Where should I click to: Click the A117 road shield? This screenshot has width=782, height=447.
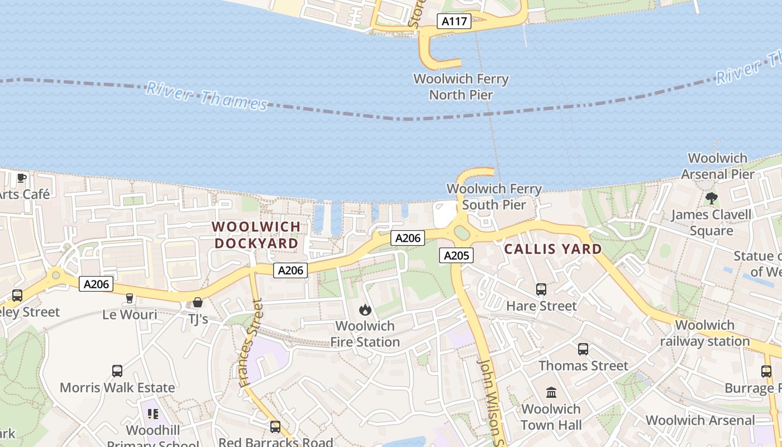(x=454, y=22)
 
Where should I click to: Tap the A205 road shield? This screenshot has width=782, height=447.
(x=456, y=256)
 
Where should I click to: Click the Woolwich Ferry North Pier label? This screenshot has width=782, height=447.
(x=461, y=87)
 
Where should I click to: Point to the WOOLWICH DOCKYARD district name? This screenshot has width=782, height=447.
(x=256, y=235)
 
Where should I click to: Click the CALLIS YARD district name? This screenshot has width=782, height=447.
(x=553, y=249)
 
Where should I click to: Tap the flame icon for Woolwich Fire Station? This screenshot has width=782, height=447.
(x=365, y=310)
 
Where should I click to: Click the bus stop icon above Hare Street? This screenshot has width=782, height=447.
(x=541, y=289)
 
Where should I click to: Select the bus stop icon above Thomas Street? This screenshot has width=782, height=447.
(x=583, y=349)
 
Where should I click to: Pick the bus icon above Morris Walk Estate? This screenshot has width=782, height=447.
(x=117, y=370)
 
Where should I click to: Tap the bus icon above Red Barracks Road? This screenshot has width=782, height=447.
(x=275, y=426)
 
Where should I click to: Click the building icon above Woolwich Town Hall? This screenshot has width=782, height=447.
(x=551, y=392)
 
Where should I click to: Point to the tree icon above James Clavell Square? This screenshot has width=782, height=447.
(x=711, y=198)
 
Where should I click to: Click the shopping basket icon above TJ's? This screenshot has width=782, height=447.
(x=197, y=302)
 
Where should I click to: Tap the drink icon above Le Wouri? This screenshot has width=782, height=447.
(x=130, y=298)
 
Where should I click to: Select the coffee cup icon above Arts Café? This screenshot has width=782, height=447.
(x=21, y=178)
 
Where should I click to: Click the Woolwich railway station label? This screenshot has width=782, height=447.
(x=705, y=333)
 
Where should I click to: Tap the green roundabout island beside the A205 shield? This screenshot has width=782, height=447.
(x=462, y=232)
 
